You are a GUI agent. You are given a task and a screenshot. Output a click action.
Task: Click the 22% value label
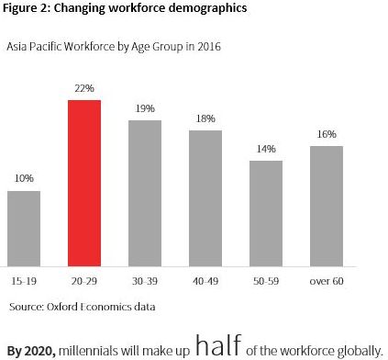coord(83,89)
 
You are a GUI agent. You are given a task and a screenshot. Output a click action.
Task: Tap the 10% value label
coord(24,180)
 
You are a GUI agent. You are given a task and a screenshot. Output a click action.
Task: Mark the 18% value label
coord(205,119)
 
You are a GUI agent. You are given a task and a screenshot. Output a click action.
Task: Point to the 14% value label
coord(265,149)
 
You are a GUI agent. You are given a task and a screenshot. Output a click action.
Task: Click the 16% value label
coord(326,134)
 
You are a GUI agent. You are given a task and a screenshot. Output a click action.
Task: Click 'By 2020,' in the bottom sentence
coord(31,350)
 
